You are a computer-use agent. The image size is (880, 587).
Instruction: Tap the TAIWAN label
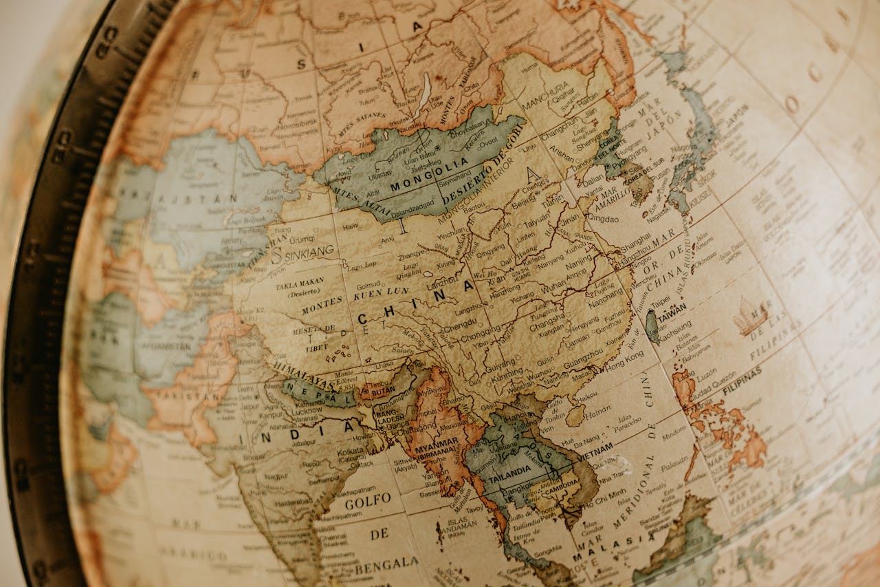(672, 309)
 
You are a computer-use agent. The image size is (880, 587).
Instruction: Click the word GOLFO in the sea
(368, 500)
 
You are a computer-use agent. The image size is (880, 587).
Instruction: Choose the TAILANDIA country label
(509, 469)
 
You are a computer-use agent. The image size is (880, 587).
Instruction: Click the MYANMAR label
(436, 444)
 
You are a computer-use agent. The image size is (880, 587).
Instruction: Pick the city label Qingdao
(602, 219)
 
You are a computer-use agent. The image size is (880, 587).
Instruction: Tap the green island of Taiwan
(650, 325)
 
